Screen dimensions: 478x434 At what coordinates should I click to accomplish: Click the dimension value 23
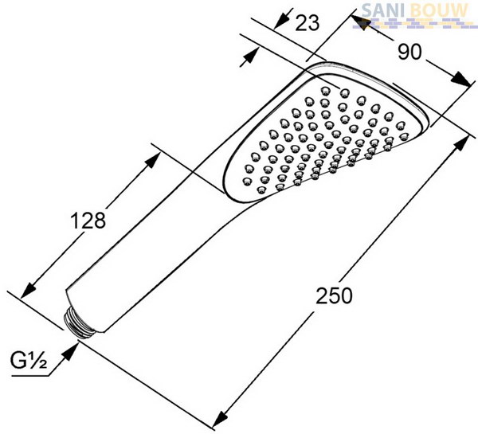pos(308,23)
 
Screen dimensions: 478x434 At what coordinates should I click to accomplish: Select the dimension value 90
pos(409,52)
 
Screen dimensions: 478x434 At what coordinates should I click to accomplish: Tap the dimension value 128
pos(88,221)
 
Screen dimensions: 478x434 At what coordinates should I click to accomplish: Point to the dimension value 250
pos(334,295)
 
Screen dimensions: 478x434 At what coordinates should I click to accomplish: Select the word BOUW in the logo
pos(439,10)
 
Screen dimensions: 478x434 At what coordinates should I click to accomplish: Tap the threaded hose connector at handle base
pos(79,323)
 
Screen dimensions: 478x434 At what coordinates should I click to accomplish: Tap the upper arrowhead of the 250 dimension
pos(461,144)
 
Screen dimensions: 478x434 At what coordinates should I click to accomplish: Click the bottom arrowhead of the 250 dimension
pos(220,419)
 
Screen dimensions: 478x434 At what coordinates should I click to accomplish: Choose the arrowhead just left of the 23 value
pos(281,21)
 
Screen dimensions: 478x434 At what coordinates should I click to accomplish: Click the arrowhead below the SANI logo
pos(360,22)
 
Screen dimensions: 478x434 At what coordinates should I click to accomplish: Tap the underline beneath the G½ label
pos(30,376)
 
